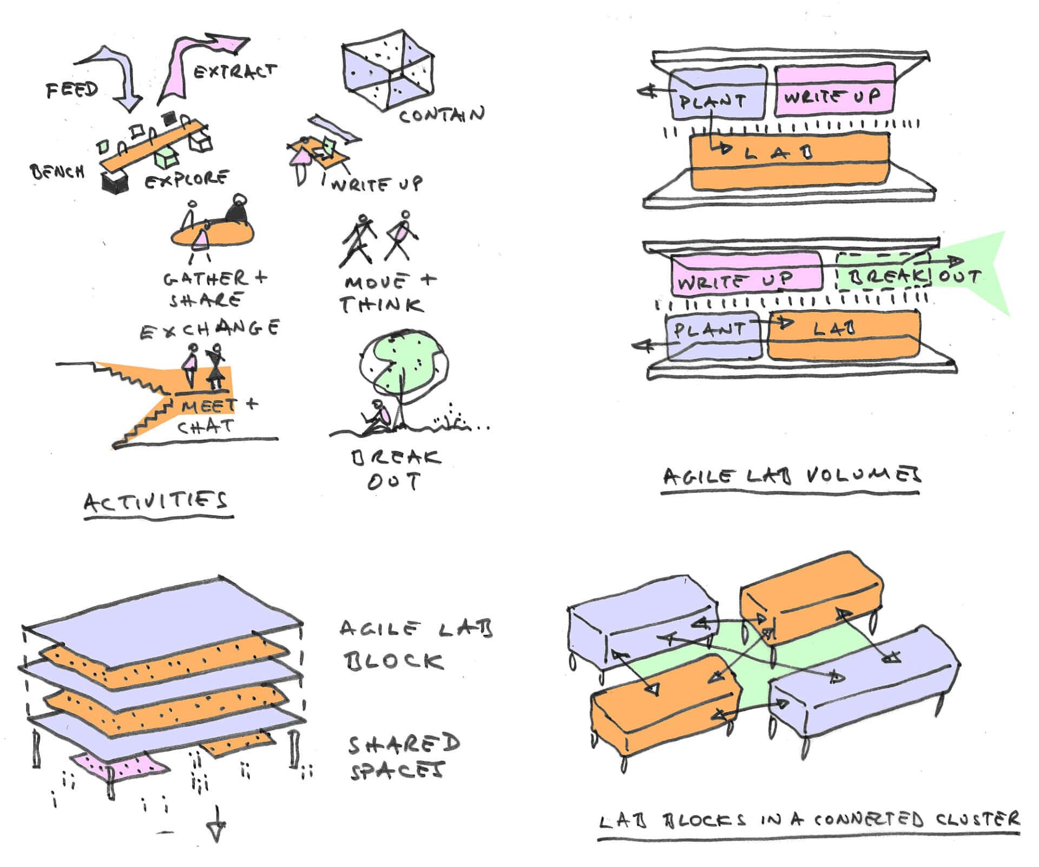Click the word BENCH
click(x=57, y=172)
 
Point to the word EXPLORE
click(x=187, y=179)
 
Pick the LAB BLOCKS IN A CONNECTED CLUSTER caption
click(x=808, y=820)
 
